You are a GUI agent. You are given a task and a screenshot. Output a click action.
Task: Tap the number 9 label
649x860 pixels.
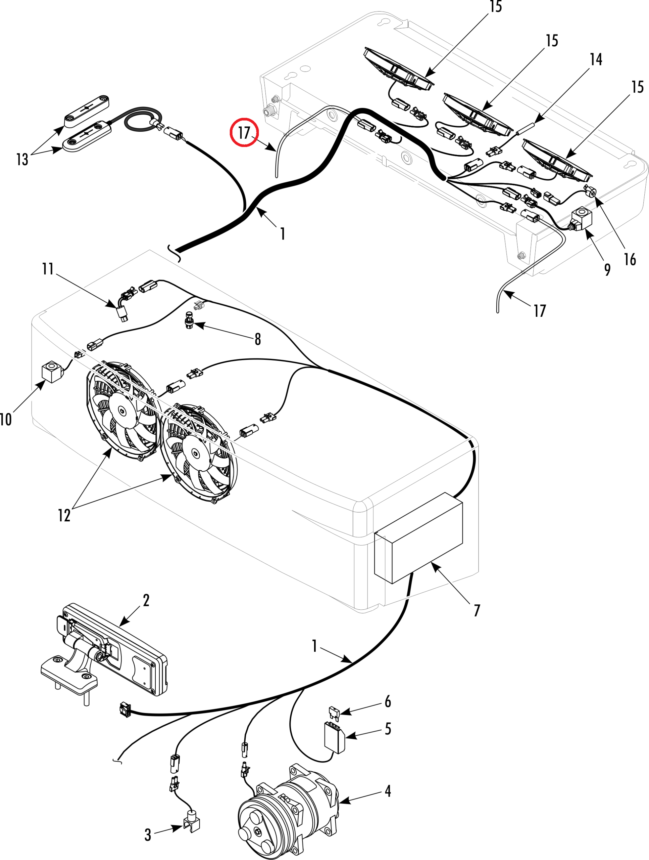[607, 269]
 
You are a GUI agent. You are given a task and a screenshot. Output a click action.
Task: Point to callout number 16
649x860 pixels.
[630, 259]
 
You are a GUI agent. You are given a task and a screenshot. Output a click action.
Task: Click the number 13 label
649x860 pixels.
[22, 160]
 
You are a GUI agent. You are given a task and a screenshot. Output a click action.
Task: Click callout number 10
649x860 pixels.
[6, 420]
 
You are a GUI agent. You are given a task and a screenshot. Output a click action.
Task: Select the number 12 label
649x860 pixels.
[64, 516]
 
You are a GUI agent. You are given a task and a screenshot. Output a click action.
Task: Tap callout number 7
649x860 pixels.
[477, 610]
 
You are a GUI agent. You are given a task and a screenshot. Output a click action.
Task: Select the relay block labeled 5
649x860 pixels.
[335, 737]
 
